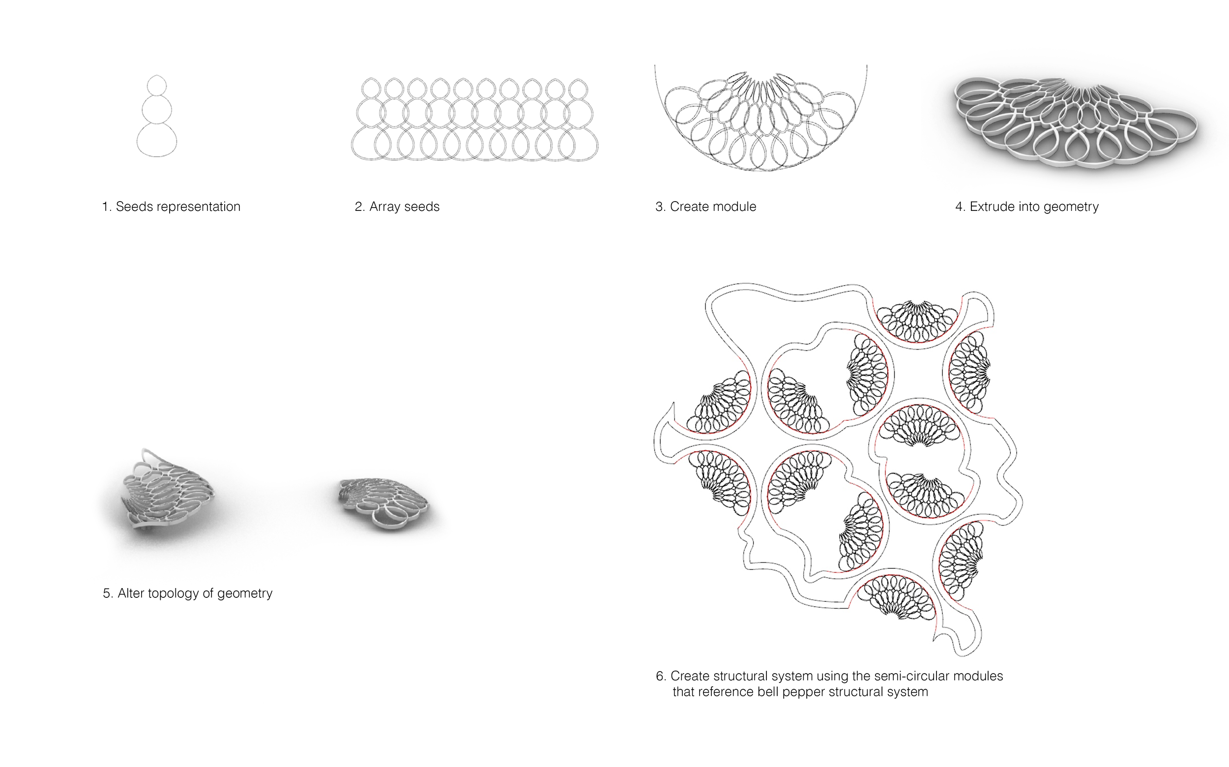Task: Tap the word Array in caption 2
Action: click(384, 207)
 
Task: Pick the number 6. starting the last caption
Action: click(661, 677)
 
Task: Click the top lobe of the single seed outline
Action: click(157, 85)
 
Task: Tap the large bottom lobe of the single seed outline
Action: click(157, 140)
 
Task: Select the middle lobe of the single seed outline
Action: click(157, 109)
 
